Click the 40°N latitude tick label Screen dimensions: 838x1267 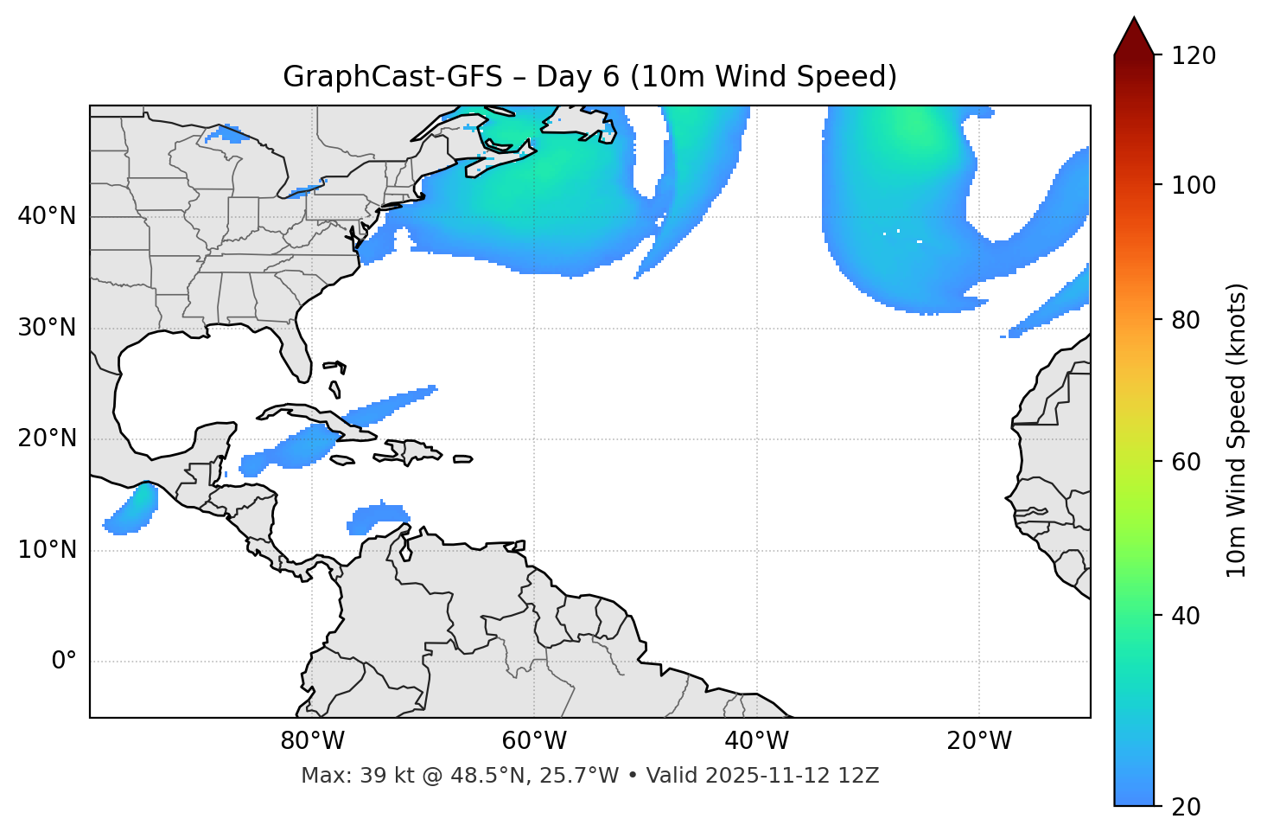[47, 216]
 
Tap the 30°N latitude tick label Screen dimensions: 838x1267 [47, 328]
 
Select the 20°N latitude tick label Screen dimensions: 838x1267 [47, 438]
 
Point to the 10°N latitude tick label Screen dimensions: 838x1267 [47, 550]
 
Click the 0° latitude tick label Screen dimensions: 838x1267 [64, 662]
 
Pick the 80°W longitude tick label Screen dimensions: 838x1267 [312, 741]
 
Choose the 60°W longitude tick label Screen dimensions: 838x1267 [534, 741]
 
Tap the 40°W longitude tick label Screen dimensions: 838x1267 [756, 741]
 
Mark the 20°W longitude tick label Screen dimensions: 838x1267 [978, 741]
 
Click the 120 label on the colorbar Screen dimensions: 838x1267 [1194, 55]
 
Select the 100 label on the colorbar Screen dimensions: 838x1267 [1194, 185]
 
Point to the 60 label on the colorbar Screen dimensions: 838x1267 [1187, 462]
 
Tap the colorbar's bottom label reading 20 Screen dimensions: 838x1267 [1187, 806]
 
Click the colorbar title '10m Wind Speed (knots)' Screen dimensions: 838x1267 [1237, 430]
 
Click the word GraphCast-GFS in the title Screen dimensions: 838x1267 [392, 77]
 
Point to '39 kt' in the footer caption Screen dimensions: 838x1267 [377, 776]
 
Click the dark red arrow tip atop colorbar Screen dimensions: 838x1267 [1134, 35]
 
